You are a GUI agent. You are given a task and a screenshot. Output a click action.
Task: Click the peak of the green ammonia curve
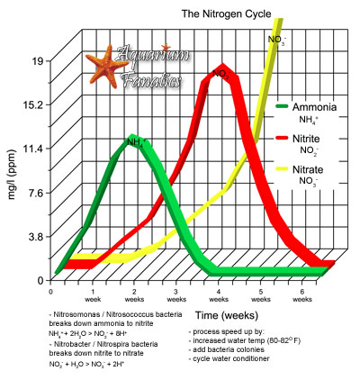(133, 140)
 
